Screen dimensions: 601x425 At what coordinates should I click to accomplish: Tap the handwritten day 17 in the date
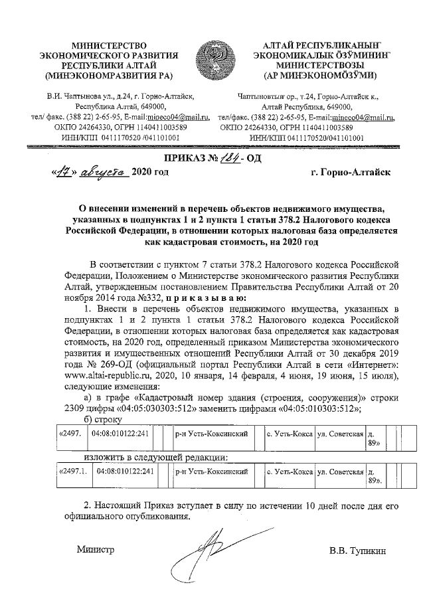click(x=62, y=172)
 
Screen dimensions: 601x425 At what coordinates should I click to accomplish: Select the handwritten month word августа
click(x=100, y=172)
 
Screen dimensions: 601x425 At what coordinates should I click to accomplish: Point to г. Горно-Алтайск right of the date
click(x=349, y=173)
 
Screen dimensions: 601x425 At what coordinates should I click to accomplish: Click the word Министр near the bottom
click(x=96, y=550)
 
